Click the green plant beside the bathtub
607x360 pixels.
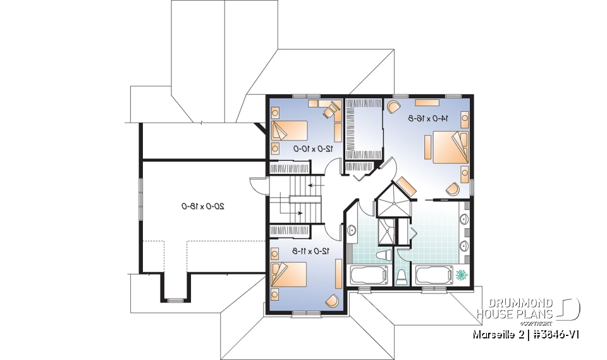tap(461, 275)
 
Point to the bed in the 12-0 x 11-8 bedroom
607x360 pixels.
tap(289, 275)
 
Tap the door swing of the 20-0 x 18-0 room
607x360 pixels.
tap(256, 185)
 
